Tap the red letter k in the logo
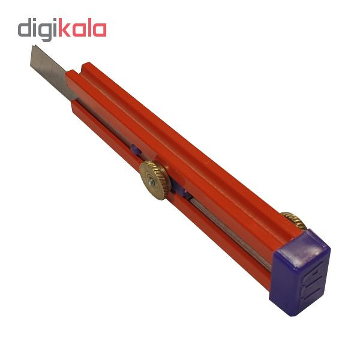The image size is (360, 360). click(x=65, y=28)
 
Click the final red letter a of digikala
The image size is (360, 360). click(x=100, y=29)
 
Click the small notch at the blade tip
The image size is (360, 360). click(x=34, y=47)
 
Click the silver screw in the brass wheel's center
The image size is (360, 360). click(x=152, y=181)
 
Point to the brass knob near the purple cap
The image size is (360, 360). click(x=295, y=220)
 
